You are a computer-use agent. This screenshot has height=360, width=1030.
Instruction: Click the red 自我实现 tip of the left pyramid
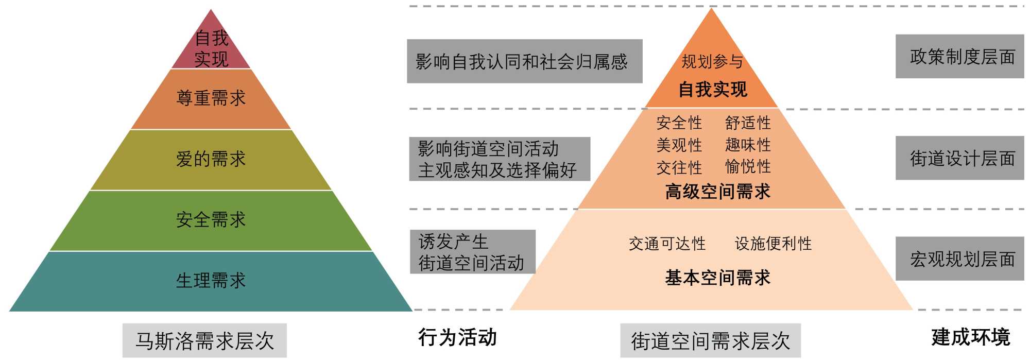pyautogui.click(x=211, y=48)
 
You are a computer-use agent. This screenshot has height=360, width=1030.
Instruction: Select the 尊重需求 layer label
pyautogui.click(x=211, y=98)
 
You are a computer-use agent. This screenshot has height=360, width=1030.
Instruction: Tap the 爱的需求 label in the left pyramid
pyautogui.click(x=211, y=159)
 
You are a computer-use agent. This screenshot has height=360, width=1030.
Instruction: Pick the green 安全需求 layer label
pyautogui.click(x=211, y=220)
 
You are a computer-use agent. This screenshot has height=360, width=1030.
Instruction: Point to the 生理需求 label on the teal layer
pyautogui.click(x=211, y=281)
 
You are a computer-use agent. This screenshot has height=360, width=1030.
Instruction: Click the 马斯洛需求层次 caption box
pyautogui.click(x=204, y=340)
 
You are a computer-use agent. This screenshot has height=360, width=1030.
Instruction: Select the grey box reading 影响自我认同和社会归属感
pyautogui.click(x=524, y=61)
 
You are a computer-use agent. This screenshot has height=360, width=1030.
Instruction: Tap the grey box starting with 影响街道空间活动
pyautogui.click(x=499, y=159)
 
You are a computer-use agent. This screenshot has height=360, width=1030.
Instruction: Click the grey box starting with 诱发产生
pyautogui.click(x=472, y=252)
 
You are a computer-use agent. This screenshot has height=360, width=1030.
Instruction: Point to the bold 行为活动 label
pyautogui.click(x=457, y=337)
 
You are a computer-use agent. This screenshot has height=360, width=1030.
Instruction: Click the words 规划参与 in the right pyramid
pyautogui.click(x=712, y=62)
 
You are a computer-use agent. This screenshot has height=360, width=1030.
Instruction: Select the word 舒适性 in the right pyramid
pyautogui.click(x=748, y=123)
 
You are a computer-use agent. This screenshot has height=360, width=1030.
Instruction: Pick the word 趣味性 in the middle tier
pyautogui.click(x=748, y=145)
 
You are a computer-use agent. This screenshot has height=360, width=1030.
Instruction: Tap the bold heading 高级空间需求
pyautogui.click(x=717, y=192)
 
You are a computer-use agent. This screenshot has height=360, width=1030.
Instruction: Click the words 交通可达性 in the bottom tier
pyautogui.click(x=667, y=244)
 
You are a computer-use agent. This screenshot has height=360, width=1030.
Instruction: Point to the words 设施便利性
pyautogui.click(x=773, y=244)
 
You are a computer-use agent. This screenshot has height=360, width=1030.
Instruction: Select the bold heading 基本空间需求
pyautogui.click(x=717, y=278)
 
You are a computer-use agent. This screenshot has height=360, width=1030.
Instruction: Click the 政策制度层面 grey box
pyautogui.click(x=959, y=57)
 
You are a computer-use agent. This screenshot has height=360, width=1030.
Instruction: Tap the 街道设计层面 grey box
pyautogui.click(x=959, y=158)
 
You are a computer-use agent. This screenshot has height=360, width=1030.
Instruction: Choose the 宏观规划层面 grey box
pyautogui.click(x=959, y=259)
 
